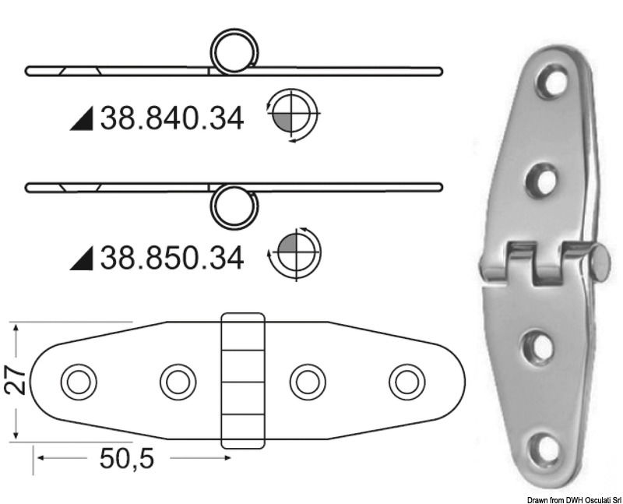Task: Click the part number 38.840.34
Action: (171, 118)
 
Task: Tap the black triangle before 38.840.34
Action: (82, 120)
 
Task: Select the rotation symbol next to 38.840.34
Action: (292, 116)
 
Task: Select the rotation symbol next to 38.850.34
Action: (294, 253)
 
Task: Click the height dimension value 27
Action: (18, 381)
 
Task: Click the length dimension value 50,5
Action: (126, 459)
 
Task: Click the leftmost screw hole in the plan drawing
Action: (78, 382)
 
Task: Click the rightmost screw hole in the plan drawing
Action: (405, 382)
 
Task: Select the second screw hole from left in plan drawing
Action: (177, 382)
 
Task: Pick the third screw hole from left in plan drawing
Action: (306, 382)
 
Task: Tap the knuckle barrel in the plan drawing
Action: (242, 381)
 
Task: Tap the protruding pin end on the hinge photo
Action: (600, 262)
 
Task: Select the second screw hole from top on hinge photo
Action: (541, 181)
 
